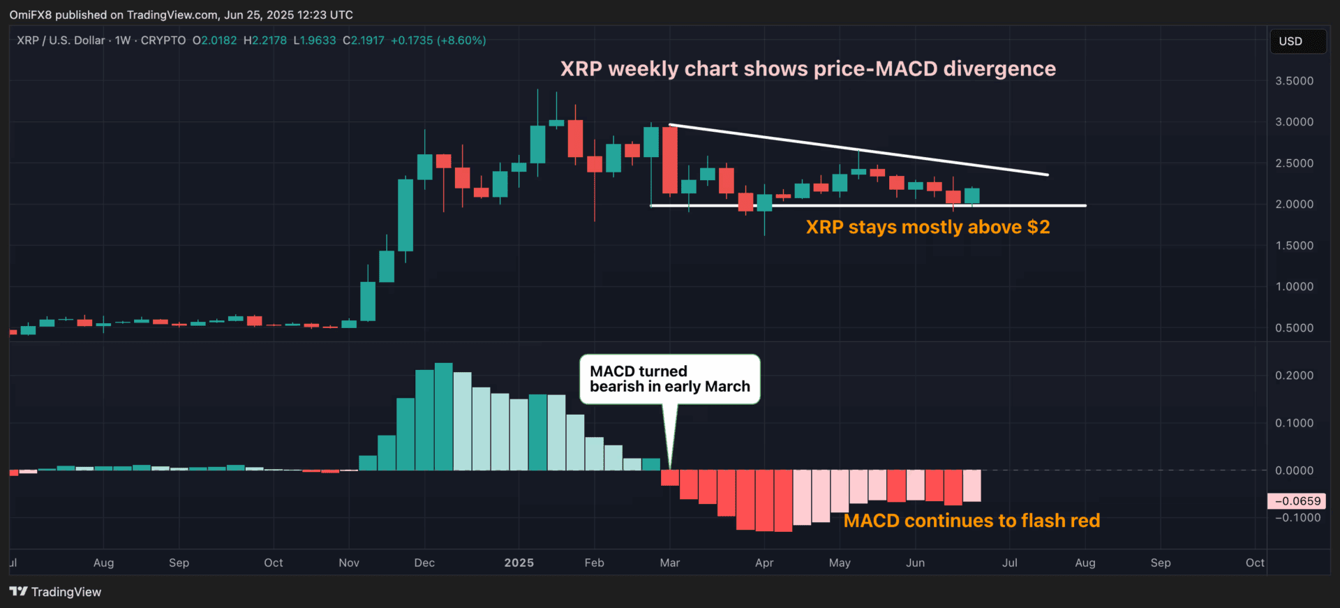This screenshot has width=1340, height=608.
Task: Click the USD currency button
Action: pyautogui.click(x=1297, y=41)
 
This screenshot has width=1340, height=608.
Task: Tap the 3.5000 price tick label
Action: pyautogui.click(x=1294, y=81)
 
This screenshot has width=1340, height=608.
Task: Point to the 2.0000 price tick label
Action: pyautogui.click(x=1294, y=205)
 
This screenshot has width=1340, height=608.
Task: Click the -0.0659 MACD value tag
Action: pyautogui.click(x=1297, y=501)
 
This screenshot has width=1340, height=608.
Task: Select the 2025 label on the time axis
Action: pyautogui.click(x=519, y=563)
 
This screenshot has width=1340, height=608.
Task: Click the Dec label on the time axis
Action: pyautogui.click(x=424, y=563)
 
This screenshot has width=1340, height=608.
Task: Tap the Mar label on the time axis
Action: pyautogui.click(x=670, y=563)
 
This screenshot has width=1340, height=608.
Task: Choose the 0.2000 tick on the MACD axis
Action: pyautogui.click(x=1294, y=376)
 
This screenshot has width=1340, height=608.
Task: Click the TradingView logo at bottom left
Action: pyautogui.click(x=55, y=592)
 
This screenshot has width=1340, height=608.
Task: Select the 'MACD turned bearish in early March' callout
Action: pyautogui.click(x=669, y=379)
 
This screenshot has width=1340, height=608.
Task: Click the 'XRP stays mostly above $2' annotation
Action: pyautogui.click(x=928, y=228)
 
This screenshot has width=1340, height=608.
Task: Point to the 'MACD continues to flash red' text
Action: pyautogui.click(x=971, y=521)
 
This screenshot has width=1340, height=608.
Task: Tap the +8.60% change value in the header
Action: pyautogui.click(x=461, y=40)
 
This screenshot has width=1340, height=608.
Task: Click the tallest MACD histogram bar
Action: pyautogui.click(x=443, y=417)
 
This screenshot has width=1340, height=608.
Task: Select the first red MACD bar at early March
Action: pyautogui.click(x=670, y=478)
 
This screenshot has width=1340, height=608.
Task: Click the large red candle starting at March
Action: pyautogui.click(x=670, y=160)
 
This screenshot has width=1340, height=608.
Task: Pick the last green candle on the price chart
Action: pyautogui.click(x=971, y=196)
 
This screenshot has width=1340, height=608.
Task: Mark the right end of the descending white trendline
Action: pyautogui.click(x=1047, y=175)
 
